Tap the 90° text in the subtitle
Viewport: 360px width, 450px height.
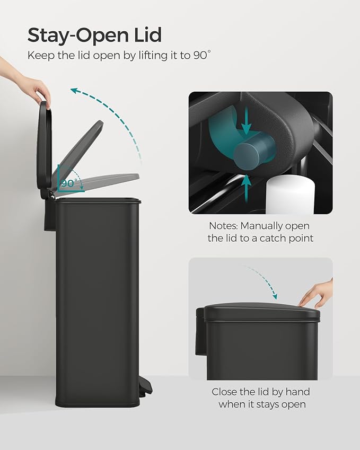click(x=201, y=55)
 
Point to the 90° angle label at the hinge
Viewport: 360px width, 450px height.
click(x=68, y=183)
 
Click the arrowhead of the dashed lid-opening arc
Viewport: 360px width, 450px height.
click(x=75, y=91)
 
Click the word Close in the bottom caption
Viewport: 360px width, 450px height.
click(x=225, y=392)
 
